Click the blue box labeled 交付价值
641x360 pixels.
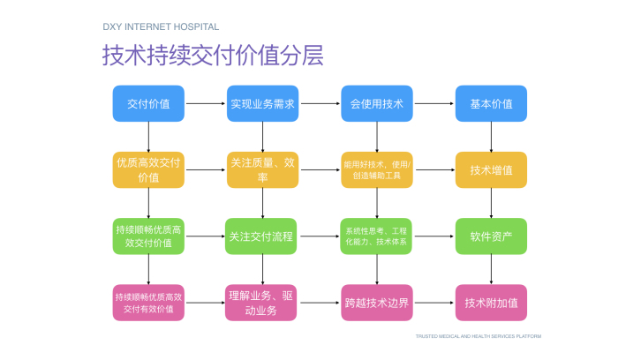148,103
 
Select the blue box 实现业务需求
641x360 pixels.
262,103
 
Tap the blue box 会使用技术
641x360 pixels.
376,103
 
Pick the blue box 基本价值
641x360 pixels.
491,103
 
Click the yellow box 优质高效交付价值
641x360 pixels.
148,169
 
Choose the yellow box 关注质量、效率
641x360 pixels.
262,169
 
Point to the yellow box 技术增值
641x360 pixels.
491,169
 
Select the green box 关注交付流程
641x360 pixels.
261,236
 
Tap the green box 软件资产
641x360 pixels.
491,236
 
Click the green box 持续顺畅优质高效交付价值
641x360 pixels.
148,236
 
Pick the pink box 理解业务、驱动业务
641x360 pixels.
261,302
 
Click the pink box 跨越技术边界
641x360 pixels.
376,302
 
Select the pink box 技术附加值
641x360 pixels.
491,302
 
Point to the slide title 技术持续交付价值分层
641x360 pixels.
213,56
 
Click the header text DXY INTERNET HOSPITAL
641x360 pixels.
162,27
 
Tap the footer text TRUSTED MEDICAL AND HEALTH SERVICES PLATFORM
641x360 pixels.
478,336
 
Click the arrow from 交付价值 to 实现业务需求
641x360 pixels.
205,103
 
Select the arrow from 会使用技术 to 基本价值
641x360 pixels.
433,103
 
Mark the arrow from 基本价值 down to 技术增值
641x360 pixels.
491,136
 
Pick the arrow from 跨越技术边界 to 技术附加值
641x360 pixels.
433,302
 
